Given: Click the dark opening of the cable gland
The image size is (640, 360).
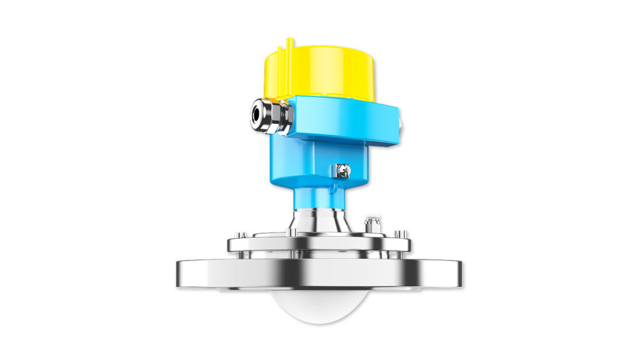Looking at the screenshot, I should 256,114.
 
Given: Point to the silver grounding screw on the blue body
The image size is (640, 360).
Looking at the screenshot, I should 342,169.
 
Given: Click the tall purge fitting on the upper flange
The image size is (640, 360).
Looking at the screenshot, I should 373,224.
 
